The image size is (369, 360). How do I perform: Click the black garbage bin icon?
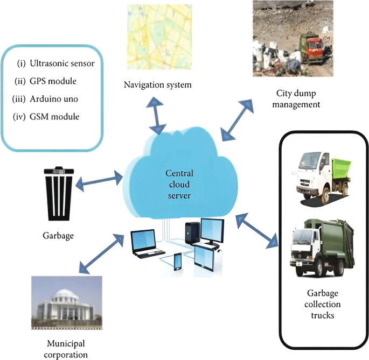[59, 196]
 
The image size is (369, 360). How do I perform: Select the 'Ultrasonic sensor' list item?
[55, 63]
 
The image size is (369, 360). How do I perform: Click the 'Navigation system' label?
[157, 84]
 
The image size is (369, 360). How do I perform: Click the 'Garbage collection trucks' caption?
[323, 305]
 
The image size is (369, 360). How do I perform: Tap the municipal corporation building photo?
[66, 304]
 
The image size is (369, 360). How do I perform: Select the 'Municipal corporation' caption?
[67, 349]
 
